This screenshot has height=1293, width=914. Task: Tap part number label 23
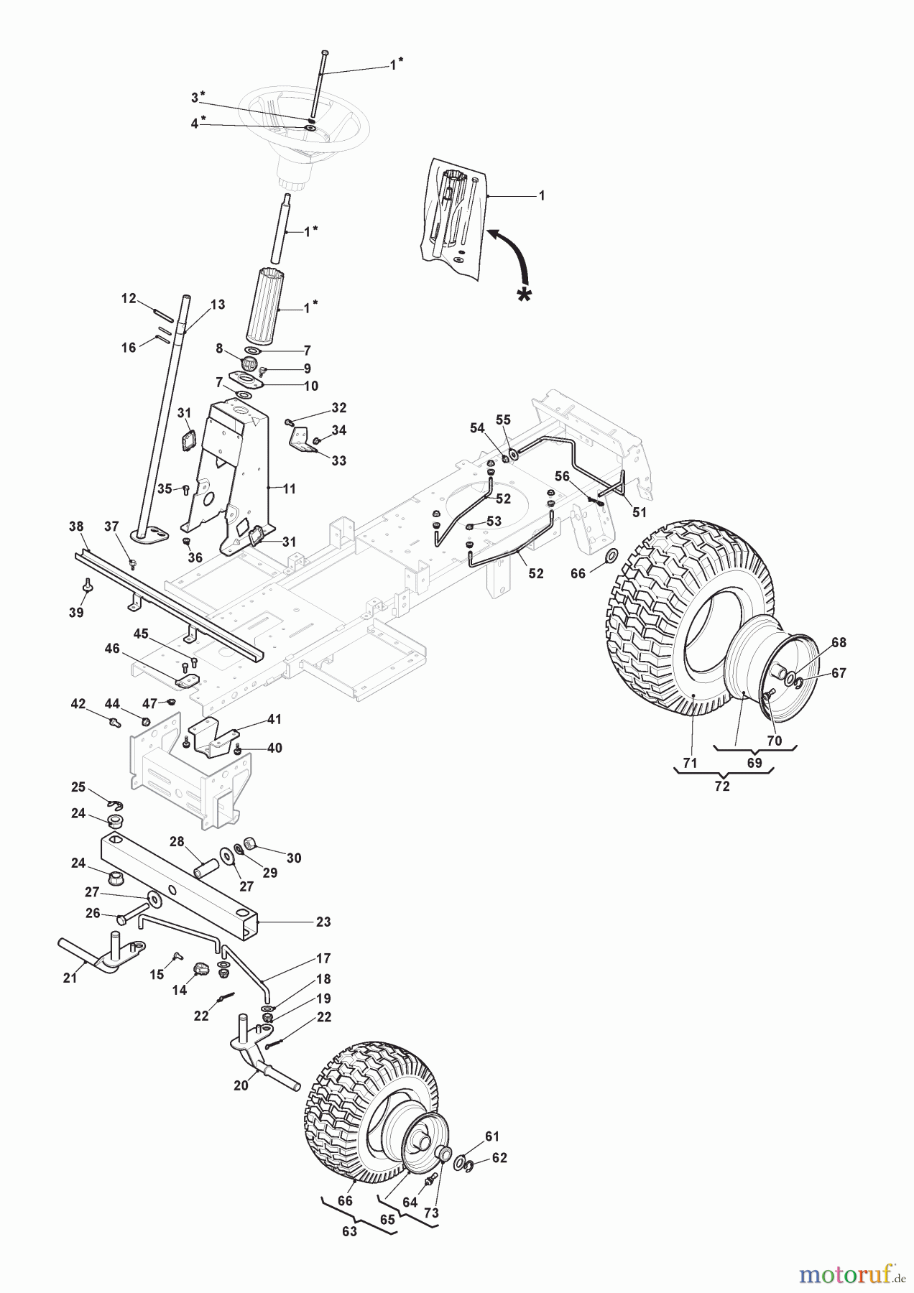coord(323,922)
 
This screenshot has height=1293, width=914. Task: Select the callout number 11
coord(289,488)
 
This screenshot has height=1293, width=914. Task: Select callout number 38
coord(76,527)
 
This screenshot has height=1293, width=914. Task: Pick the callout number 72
coord(722,786)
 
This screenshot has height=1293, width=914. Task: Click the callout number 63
coord(349,1231)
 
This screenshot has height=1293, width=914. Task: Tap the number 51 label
coord(640,512)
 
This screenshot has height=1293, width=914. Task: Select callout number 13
coord(217,305)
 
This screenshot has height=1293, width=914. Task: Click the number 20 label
coord(241,1085)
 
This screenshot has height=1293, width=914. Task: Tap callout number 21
coord(70,978)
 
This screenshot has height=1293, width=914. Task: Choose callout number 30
coord(294,858)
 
